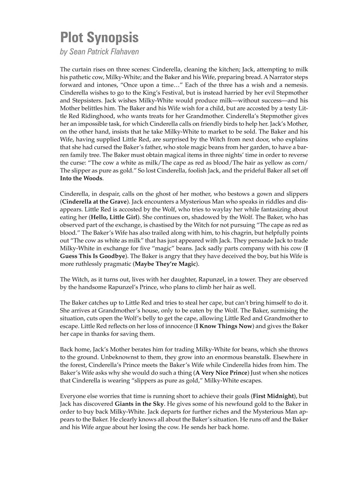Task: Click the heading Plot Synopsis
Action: click(99, 38)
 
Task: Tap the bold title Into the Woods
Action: click(81, 178)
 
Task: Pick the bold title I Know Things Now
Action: click(224, 326)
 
